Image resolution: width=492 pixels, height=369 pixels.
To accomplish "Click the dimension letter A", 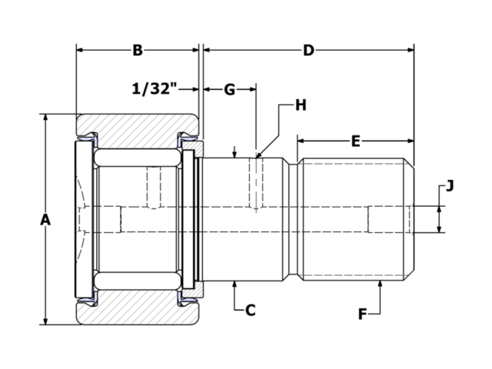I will pyautogui.click(x=45, y=220).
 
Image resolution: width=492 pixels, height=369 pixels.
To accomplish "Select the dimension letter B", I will pyautogui.click(x=137, y=51).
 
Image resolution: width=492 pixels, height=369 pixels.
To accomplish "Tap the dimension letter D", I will pyautogui.click(x=308, y=51).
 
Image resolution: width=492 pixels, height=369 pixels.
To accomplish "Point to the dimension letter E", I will pyautogui.click(x=355, y=141).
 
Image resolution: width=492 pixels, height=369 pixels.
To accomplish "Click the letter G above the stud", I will pyautogui.click(x=229, y=89).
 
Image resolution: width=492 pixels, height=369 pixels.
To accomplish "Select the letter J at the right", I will pyautogui.click(x=450, y=185).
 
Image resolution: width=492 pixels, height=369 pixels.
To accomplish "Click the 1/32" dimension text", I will pyautogui.click(x=155, y=89).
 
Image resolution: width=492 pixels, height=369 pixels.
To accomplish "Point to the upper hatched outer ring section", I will pyautogui.click(x=138, y=125).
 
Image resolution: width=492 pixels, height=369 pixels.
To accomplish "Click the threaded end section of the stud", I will pyautogui.click(x=355, y=220).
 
